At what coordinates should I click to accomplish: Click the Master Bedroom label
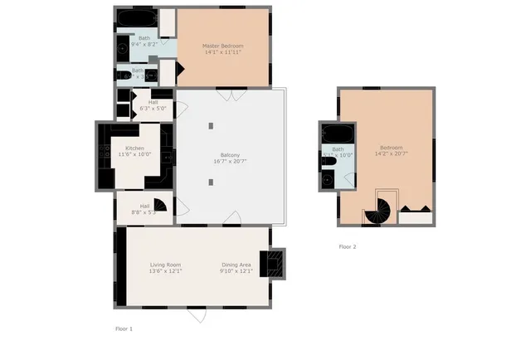[222, 45]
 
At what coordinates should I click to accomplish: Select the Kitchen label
[134, 148]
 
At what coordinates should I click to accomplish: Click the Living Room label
[165, 265]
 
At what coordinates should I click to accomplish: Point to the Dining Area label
[236, 265]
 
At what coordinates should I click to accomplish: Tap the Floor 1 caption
[124, 329]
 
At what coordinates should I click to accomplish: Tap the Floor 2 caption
[348, 246]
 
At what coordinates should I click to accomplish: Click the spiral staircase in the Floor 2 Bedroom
[381, 209]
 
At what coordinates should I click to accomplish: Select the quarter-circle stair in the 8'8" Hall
[160, 206]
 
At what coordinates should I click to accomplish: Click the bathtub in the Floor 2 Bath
[337, 134]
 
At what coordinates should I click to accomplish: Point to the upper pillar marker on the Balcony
[212, 125]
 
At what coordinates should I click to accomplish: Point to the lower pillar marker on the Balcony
[212, 183]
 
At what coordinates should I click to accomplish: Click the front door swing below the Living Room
[197, 315]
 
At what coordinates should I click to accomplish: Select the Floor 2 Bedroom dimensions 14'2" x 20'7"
[391, 153]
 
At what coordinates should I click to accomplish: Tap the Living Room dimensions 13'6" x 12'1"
[165, 271]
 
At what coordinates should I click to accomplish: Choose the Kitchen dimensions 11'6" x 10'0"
[134, 154]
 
